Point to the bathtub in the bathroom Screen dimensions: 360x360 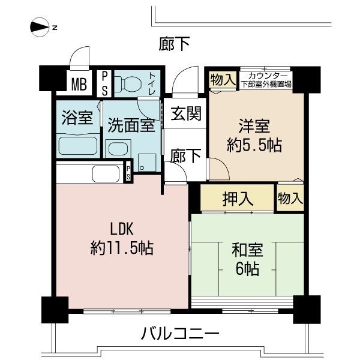coord(79,146)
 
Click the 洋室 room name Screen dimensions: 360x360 coord(255,127)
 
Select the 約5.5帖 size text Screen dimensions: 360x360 coord(255,145)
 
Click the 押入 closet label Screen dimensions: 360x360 coord(238,197)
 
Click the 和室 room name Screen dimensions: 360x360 coord(247,250)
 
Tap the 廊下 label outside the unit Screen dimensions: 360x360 coord(175,44)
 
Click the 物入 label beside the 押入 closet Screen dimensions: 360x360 coord(290,197)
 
